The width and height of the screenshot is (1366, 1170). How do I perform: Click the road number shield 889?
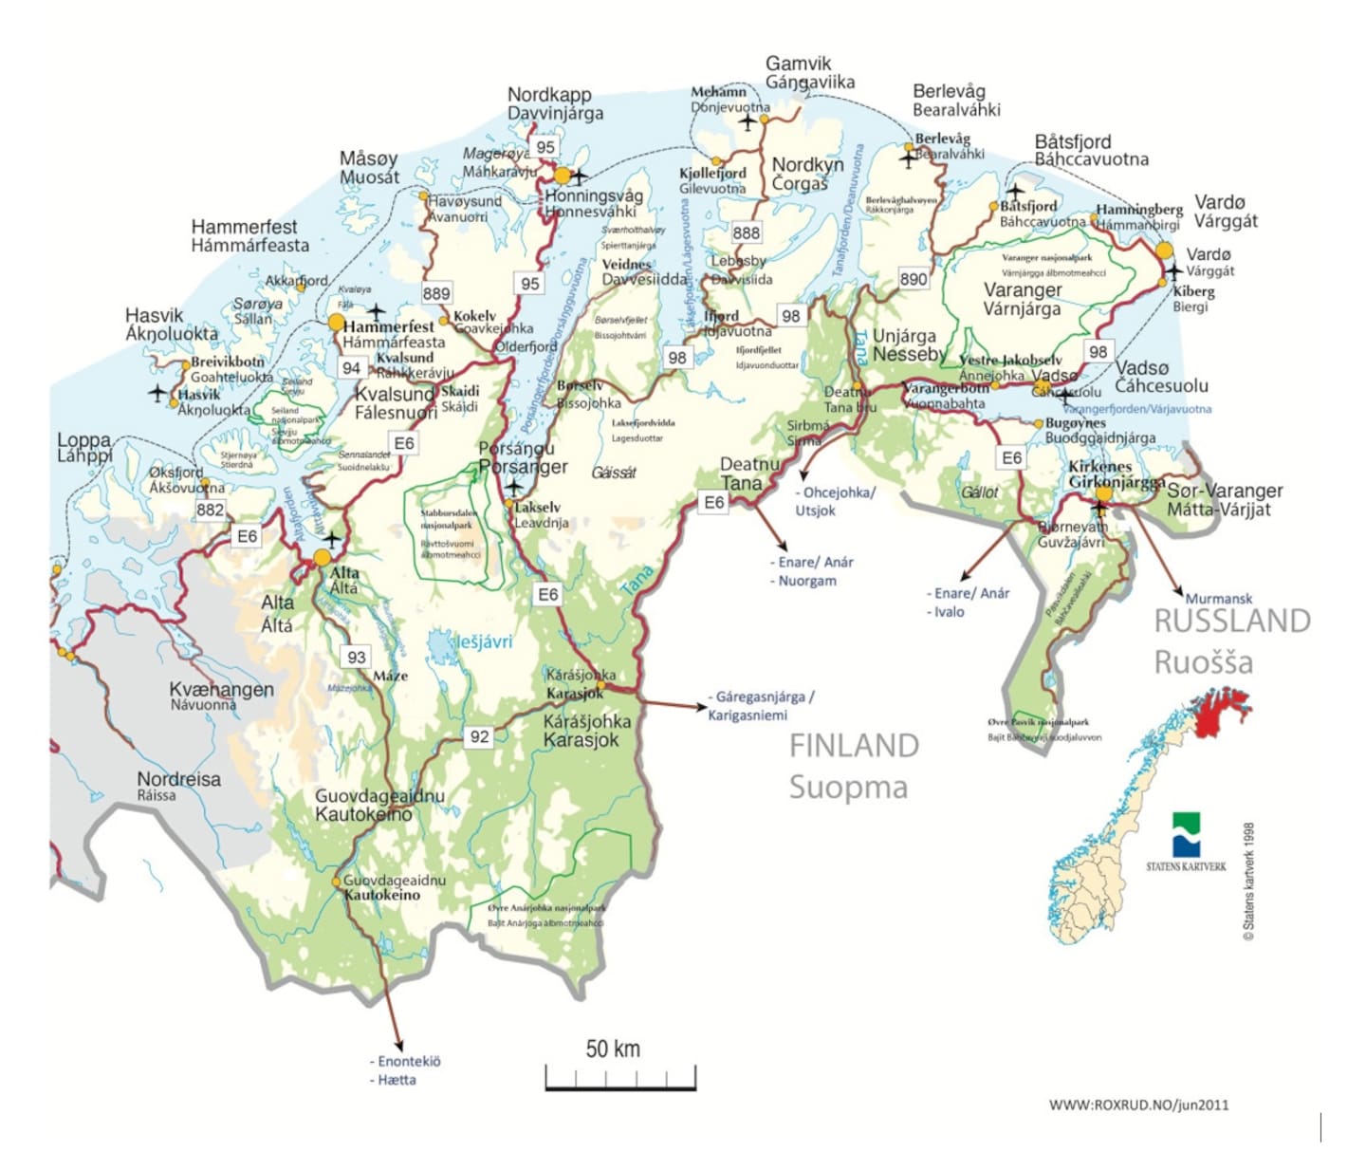436,293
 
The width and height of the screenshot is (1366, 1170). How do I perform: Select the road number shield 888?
747,232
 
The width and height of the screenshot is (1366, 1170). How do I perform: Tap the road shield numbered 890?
914,279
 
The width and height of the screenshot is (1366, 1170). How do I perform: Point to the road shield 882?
211,510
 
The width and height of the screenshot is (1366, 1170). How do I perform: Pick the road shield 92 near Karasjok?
480,736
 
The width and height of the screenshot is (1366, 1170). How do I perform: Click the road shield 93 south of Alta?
357,657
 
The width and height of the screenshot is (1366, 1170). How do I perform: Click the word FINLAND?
854,746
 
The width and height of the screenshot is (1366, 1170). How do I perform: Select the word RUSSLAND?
1231,621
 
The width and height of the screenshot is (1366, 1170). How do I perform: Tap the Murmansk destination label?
1219,599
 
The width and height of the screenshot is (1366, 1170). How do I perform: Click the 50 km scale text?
613,1049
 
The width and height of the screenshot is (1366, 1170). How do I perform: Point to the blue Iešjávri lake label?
484,642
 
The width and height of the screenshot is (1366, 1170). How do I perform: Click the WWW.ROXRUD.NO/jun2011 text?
1138,1105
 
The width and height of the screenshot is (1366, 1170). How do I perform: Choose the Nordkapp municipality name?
549,95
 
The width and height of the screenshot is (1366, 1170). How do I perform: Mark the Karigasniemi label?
748,715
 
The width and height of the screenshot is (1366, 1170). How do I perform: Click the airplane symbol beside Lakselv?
513,489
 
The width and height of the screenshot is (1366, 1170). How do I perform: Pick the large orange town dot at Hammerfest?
336,323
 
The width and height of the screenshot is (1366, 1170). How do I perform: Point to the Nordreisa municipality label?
178,779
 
